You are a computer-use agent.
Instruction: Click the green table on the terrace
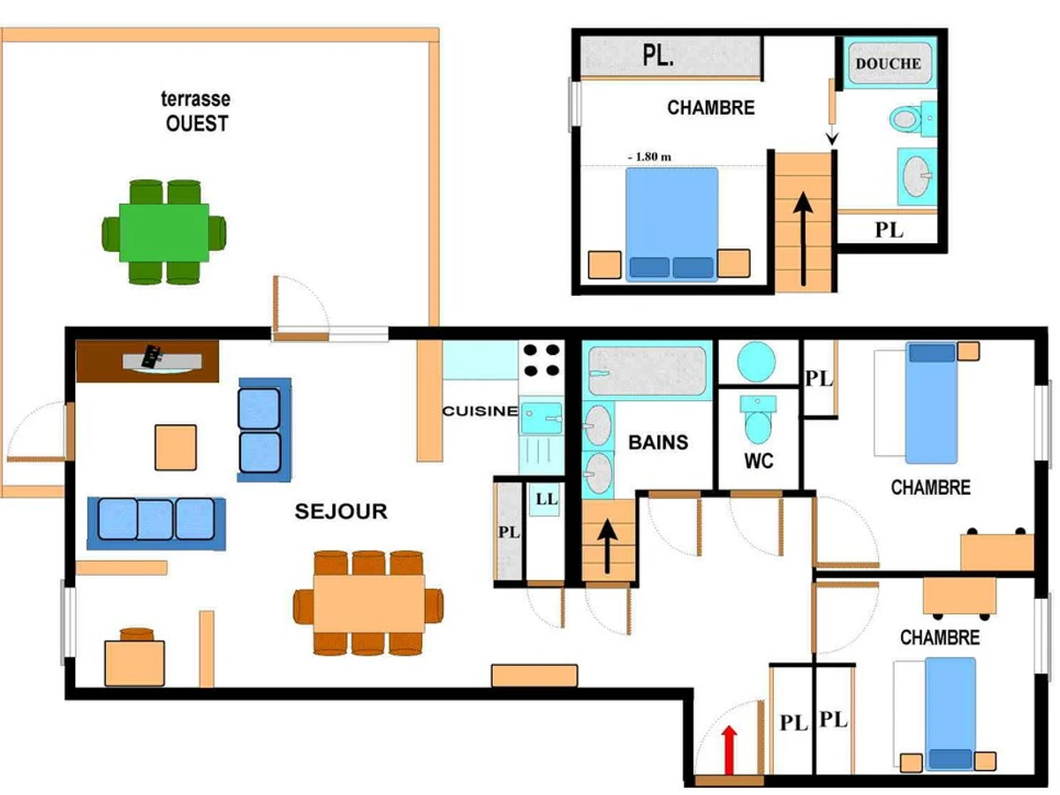(x=164, y=232)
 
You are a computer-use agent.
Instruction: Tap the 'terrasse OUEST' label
(x=196, y=111)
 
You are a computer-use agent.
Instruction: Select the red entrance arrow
(x=730, y=750)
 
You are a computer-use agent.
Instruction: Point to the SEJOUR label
(x=341, y=511)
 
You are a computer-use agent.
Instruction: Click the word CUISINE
(x=481, y=412)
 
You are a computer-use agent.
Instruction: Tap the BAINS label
(x=658, y=443)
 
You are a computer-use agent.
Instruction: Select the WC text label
(x=759, y=461)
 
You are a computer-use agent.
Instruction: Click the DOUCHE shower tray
(x=890, y=64)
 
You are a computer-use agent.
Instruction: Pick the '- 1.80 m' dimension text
(x=649, y=157)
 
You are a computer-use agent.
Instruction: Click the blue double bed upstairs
(x=671, y=224)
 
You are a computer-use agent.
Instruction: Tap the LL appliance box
(x=546, y=499)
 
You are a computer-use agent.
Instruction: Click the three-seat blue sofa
(x=156, y=524)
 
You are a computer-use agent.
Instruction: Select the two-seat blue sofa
(x=264, y=429)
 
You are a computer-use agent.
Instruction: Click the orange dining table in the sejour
(x=369, y=603)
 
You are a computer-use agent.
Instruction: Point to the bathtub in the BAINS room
(x=647, y=371)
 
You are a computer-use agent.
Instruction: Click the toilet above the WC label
(x=758, y=420)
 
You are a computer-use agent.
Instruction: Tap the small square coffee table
(x=176, y=448)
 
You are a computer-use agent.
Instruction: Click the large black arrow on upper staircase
(x=803, y=238)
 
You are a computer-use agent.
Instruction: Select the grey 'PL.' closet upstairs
(x=670, y=56)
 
